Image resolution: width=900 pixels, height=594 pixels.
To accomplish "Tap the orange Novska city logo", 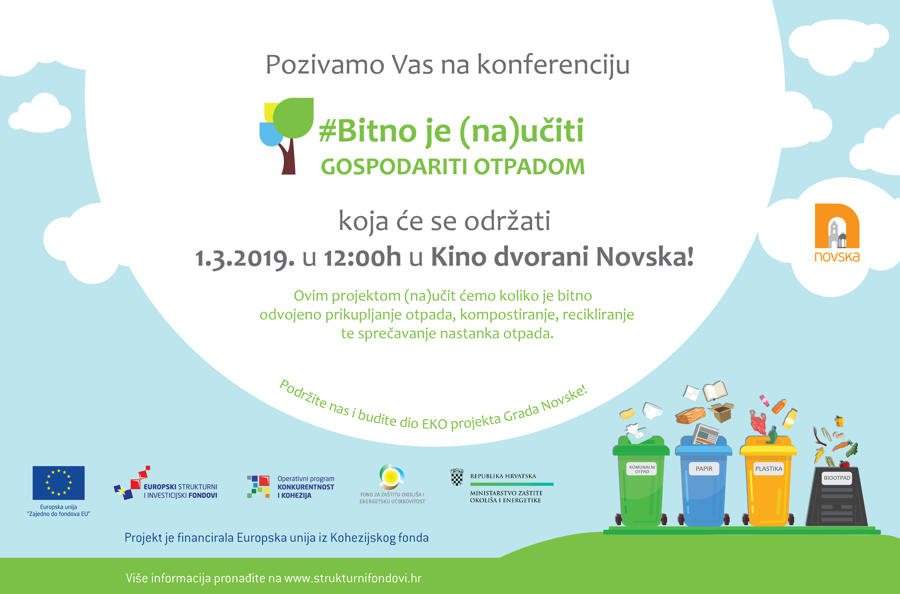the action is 837,233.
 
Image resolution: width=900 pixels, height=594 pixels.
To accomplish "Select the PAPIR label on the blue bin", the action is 704,469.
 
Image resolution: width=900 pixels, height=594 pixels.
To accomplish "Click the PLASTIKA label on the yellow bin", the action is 769,469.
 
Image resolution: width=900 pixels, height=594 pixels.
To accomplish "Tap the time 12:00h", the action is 362,257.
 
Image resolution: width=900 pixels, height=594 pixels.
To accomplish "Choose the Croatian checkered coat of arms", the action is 457,477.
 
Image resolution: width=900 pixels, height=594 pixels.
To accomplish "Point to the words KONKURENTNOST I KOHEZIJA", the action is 306,491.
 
